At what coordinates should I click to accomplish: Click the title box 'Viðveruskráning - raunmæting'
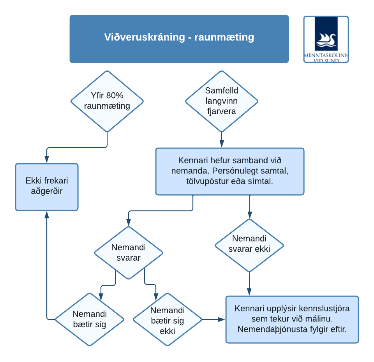click(x=179, y=39)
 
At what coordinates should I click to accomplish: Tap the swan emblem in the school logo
click(x=326, y=40)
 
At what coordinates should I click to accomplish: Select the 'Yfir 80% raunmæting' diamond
click(x=107, y=101)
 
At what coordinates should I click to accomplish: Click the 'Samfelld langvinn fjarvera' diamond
click(x=222, y=101)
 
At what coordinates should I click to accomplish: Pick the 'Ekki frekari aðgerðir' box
click(x=47, y=187)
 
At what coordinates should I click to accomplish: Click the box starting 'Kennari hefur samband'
click(x=230, y=171)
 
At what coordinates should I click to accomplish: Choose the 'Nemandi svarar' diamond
click(x=129, y=253)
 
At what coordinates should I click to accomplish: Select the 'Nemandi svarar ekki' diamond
click(x=249, y=245)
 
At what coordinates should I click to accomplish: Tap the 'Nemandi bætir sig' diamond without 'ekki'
click(x=90, y=319)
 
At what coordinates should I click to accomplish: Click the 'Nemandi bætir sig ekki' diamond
click(x=168, y=319)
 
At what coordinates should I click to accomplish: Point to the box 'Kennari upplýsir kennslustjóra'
click(x=292, y=320)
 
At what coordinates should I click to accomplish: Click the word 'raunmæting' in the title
click(x=224, y=37)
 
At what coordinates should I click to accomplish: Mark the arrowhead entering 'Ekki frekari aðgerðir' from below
click(x=47, y=215)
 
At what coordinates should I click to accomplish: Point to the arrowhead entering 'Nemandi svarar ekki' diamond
click(x=250, y=215)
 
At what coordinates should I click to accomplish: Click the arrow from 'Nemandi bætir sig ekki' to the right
click(x=213, y=319)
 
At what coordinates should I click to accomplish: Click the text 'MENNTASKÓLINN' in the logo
click(x=326, y=55)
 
